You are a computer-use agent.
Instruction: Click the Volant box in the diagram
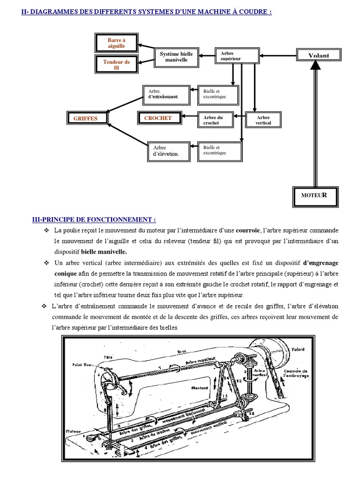[x=319, y=55]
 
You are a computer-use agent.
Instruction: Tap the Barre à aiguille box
[x=117, y=44]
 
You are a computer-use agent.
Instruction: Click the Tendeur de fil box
[x=117, y=65]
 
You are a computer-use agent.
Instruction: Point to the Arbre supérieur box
[x=237, y=56]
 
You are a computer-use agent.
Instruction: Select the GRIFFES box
[x=85, y=119]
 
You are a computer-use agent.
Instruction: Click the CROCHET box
[x=158, y=118]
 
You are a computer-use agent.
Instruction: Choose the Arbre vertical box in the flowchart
[x=263, y=120]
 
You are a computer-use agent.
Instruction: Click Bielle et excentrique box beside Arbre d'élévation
[x=220, y=150]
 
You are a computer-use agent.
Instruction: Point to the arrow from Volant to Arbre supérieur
[x=278, y=55]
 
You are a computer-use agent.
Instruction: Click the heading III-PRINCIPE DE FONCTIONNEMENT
[x=94, y=220]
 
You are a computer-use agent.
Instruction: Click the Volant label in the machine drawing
[x=297, y=349]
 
